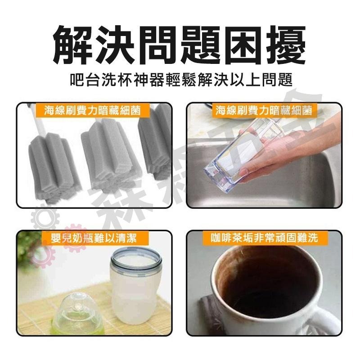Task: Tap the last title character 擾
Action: coord(285,45)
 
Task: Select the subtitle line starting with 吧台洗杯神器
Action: coord(180,81)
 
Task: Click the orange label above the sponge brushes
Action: coord(94,110)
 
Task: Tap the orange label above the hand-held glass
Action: coord(264,110)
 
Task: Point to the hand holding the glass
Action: coord(279,153)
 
